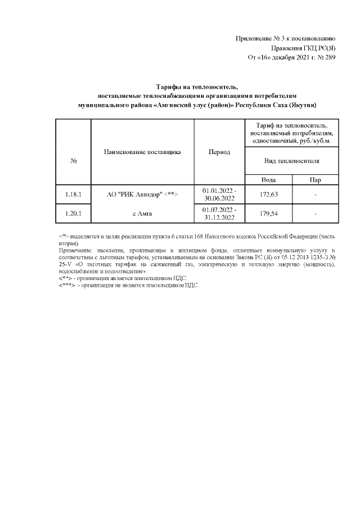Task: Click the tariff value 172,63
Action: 268,195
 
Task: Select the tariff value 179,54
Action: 268,214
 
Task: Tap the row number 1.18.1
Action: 74,195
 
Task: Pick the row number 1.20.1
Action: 74,214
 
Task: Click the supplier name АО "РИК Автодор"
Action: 135,195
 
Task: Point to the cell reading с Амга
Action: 142,214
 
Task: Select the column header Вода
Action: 268,180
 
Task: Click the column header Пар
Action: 316,180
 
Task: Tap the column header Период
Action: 219,152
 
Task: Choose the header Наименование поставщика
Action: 142,152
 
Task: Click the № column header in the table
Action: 74,161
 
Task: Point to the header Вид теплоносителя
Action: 292,161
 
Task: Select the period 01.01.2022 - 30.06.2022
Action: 219,195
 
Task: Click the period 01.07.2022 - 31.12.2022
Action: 219,214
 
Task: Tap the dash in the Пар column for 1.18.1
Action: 316,195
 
